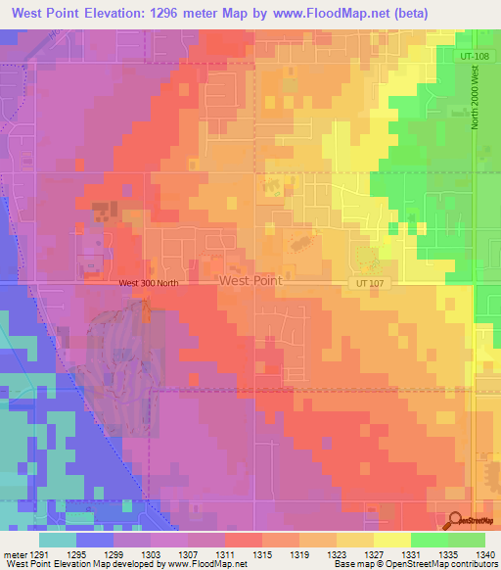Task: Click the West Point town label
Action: pyautogui.click(x=250, y=280)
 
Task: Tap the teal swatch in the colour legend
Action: pyautogui.click(x=58, y=540)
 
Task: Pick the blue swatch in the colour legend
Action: pyautogui.click(x=95, y=540)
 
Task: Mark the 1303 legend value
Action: pyautogui.click(x=152, y=554)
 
